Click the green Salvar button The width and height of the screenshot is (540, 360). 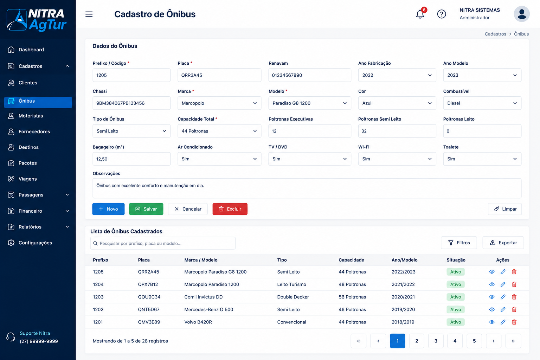click(x=146, y=209)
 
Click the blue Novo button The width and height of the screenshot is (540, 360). click(x=108, y=209)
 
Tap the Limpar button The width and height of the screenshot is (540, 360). click(x=505, y=209)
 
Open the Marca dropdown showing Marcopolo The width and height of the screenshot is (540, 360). click(x=219, y=103)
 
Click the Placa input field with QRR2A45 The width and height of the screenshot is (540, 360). click(x=219, y=75)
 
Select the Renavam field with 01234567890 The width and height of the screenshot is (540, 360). click(x=310, y=75)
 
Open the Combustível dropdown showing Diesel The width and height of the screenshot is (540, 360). click(x=482, y=103)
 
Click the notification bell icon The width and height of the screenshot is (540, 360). click(x=420, y=14)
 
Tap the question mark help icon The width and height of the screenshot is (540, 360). click(x=442, y=14)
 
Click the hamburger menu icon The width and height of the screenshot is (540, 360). click(x=89, y=14)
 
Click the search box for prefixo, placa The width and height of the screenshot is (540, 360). click(x=163, y=243)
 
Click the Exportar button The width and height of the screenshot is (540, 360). click(x=503, y=243)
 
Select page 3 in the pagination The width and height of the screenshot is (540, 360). click(x=436, y=341)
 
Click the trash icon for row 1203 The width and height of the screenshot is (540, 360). click(x=514, y=297)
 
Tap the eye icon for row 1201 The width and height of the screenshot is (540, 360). click(x=492, y=322)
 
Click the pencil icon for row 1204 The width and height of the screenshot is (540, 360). click(x=503, y=284)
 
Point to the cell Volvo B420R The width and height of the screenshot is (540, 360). click(x=198, y=322)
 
